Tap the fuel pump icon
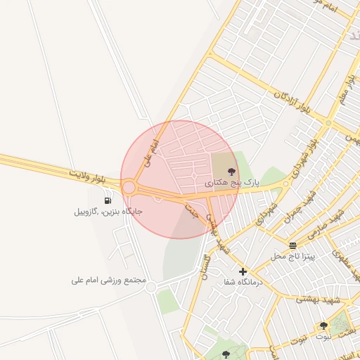[x=108, y=200]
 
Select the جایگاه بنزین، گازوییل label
[x=108, y=211]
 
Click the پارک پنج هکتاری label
[x=232, y=182]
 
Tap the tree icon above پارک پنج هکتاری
[x=232, y=171]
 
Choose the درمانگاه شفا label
[x=243, y=282]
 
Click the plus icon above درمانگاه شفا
[x=243, y=271]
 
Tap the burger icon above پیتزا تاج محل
[x=292, y=245]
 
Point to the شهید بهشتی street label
[x=317, y=300]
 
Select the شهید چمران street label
[x=297, y=208]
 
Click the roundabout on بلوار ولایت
[x=129, y=187]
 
